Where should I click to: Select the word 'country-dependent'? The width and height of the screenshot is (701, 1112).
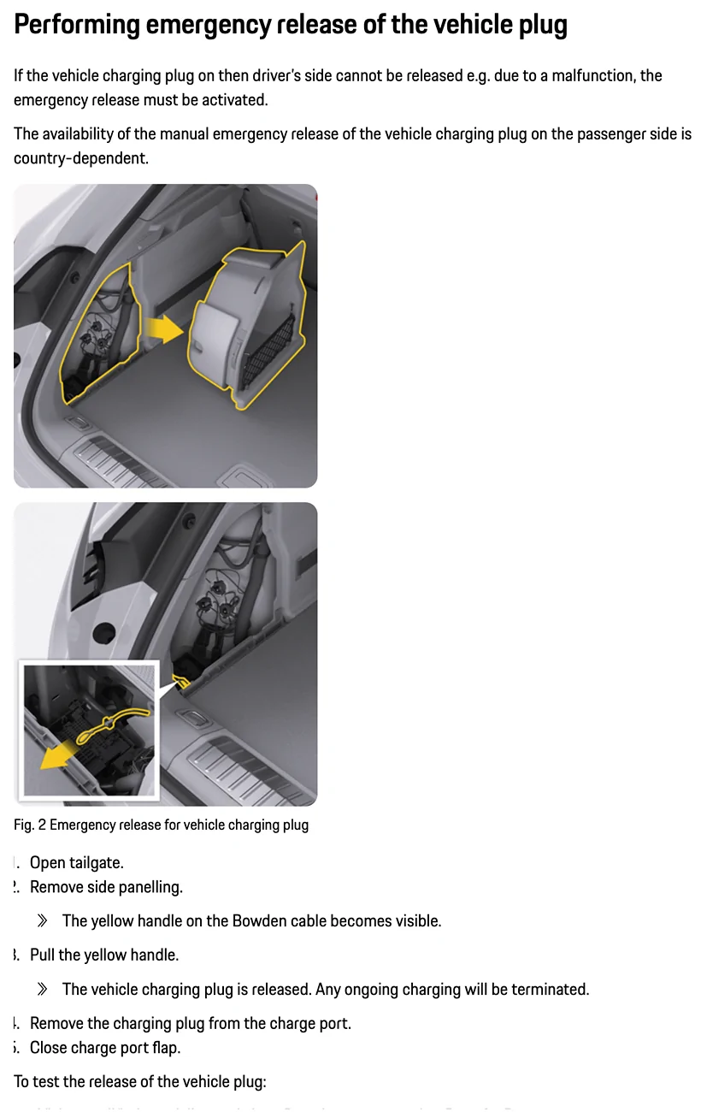click(80, 158)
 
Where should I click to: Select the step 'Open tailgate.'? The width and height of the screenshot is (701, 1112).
click(77, 863)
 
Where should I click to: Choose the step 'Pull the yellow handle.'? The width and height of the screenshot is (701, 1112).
click(104, 955)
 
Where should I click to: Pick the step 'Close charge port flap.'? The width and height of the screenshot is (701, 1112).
click(105, 1048)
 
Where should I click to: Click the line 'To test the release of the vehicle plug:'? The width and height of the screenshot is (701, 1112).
click(140, 1082)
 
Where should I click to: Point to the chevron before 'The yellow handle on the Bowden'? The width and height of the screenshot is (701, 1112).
click(43, 921)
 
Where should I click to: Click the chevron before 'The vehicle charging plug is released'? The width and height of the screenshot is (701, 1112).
click(43, 990)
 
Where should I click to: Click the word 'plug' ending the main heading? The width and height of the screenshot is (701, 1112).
click(540, 25)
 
